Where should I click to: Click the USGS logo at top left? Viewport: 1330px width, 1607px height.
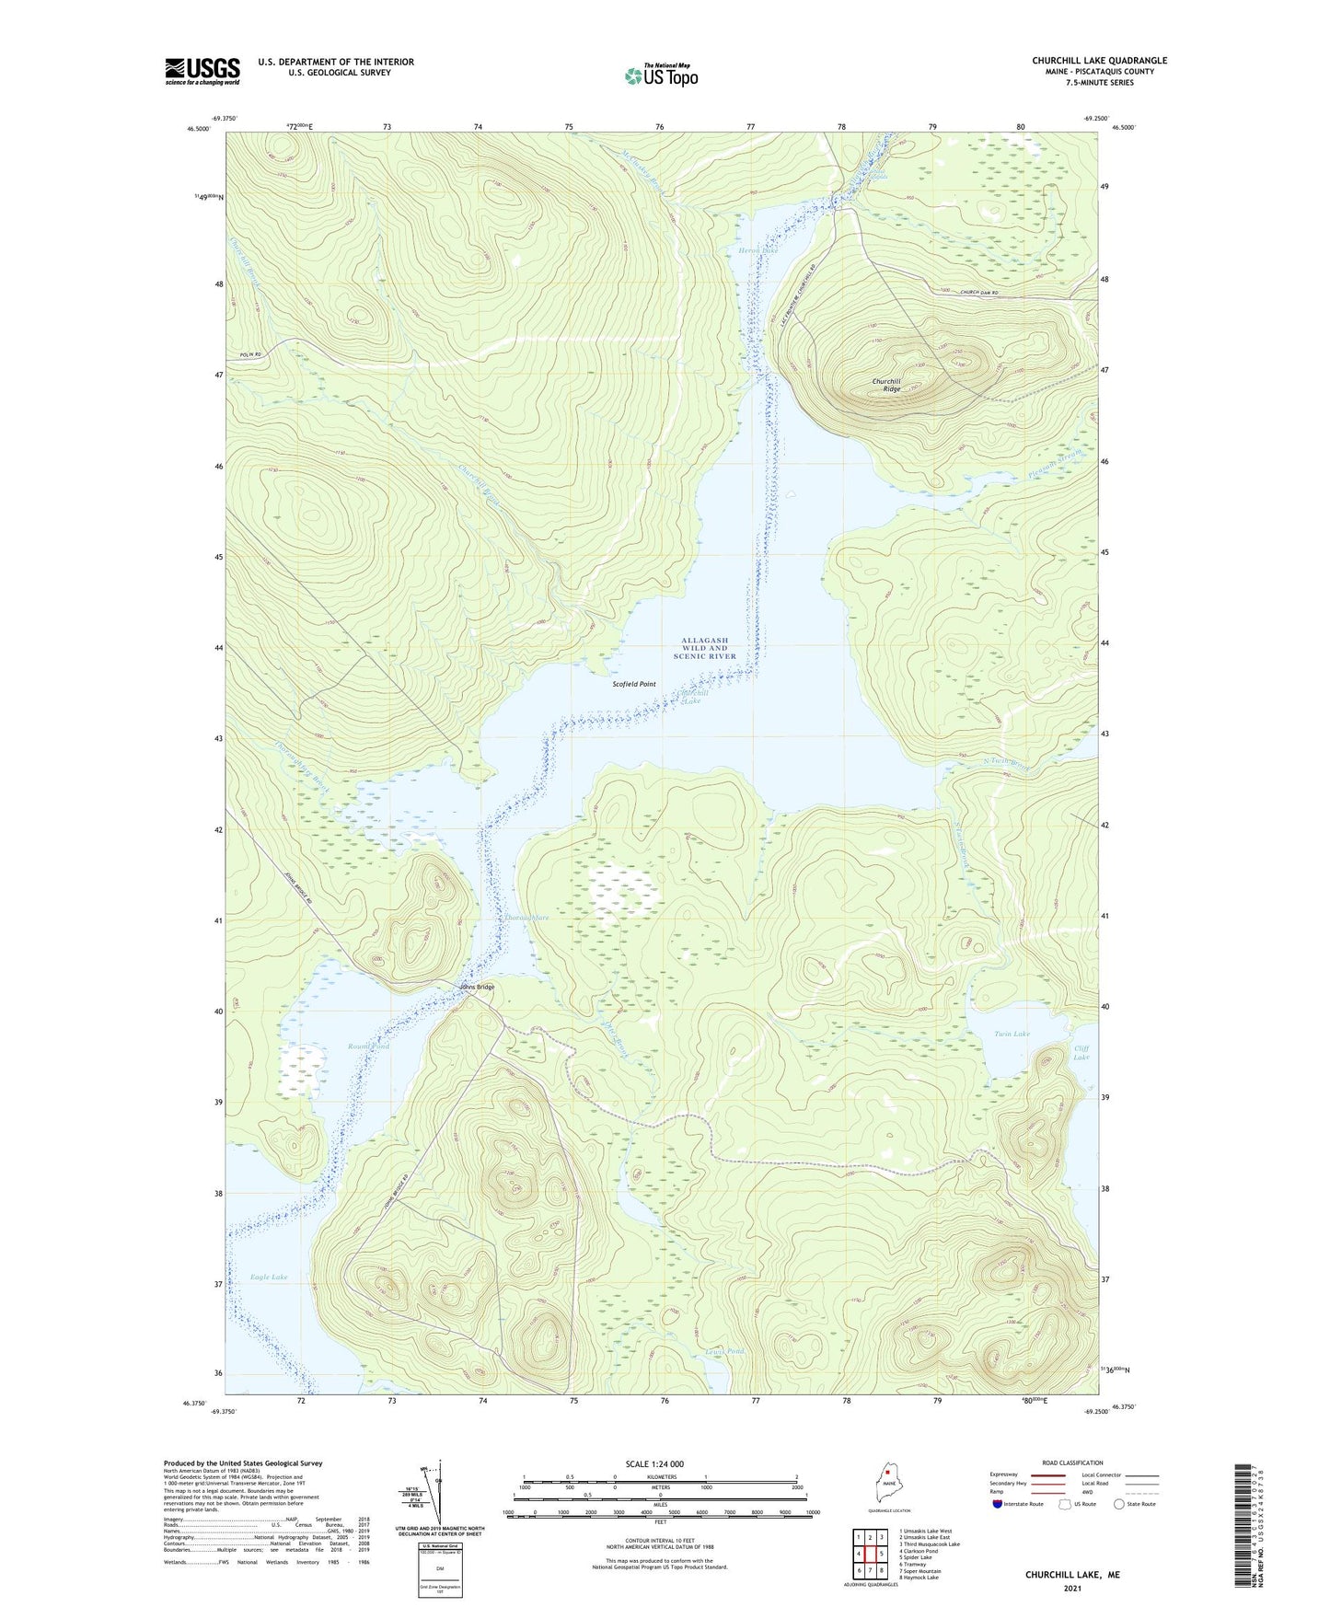click(202, 71)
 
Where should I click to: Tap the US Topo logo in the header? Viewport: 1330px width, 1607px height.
click(661, 75)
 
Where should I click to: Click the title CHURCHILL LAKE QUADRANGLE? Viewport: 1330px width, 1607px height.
click(1099, 61)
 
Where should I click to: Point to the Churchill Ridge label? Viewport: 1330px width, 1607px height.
click(886, 385)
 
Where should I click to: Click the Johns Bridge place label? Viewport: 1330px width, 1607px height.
click(477, 987)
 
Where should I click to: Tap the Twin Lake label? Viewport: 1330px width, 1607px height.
click(1012, 1034)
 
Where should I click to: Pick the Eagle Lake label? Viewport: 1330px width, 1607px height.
click(269, 1277)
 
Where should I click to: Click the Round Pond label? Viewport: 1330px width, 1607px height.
click(368, 1046)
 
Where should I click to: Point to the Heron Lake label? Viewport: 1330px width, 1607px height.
click(758, 249)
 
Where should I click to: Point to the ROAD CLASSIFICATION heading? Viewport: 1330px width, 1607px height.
click(1071, 1462)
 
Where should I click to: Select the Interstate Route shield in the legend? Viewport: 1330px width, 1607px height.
click(998, 1504)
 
